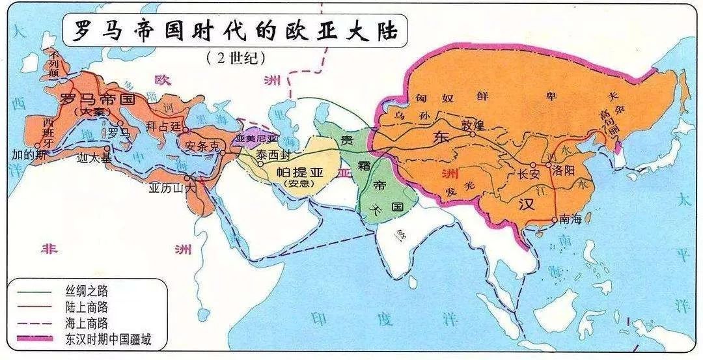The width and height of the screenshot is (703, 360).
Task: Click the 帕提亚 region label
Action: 299,171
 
